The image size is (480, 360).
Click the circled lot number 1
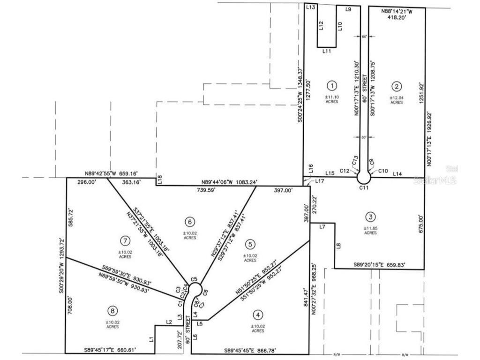332,85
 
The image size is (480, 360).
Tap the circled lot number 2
397,86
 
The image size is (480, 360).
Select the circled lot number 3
371,217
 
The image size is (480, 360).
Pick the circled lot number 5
250,244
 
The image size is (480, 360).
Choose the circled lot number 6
189,221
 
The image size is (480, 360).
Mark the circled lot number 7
125,241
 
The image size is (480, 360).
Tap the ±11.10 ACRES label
332,99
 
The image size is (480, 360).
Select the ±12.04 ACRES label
397,99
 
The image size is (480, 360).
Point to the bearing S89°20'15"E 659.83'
380,265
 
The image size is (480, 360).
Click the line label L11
327,51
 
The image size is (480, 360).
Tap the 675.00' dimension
421,224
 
